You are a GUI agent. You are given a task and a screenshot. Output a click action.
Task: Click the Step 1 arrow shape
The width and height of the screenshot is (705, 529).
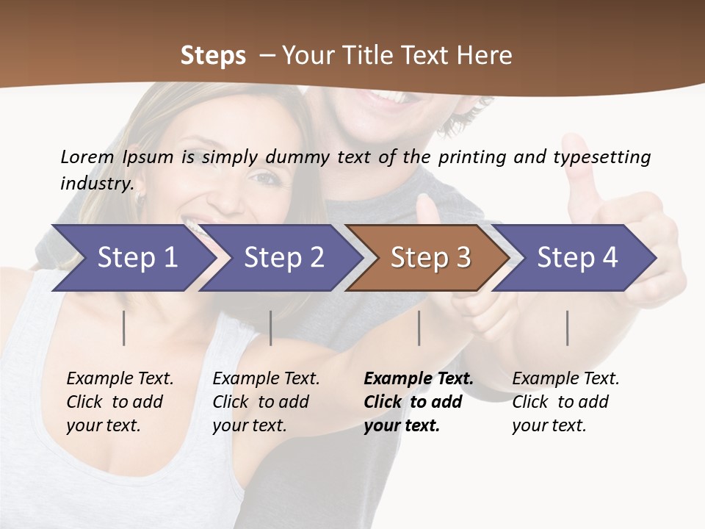137,258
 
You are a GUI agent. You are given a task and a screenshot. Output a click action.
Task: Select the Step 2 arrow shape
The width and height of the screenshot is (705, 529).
283,258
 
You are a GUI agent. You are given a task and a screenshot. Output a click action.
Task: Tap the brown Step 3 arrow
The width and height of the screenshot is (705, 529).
430,258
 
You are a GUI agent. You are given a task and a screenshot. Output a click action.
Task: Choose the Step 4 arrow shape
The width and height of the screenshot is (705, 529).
577,258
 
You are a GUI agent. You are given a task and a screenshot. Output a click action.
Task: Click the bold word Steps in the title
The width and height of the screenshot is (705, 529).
213,55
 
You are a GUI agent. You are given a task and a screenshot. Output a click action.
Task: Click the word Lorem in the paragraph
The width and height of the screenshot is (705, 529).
87,156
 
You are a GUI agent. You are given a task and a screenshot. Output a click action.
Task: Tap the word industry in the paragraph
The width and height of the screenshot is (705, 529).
97,183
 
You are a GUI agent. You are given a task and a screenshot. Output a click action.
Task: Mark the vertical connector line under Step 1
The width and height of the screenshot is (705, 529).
124,328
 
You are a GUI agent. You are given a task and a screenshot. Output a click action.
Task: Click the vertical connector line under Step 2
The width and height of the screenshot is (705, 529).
271,328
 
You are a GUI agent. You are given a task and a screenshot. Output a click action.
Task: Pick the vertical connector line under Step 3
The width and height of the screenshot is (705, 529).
419,328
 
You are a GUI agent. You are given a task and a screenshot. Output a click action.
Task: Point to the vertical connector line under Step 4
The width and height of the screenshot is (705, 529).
567,328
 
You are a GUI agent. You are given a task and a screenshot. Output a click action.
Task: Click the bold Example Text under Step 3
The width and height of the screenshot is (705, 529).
419,379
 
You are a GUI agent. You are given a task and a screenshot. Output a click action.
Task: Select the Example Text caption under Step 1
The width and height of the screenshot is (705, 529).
120,379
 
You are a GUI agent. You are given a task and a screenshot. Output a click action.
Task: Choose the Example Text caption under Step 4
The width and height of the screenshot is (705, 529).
565,379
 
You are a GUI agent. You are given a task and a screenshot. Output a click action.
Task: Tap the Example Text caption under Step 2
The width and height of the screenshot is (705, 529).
266,379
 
